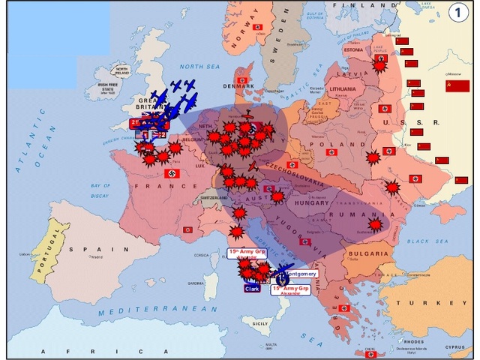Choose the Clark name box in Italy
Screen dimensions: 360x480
(252, 288)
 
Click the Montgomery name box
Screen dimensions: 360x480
(301, 274)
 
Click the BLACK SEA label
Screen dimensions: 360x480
(427, 241)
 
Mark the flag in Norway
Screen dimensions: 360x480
(257, 27)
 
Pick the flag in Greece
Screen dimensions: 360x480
(343, 308)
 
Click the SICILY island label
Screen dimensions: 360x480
(260, 322)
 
